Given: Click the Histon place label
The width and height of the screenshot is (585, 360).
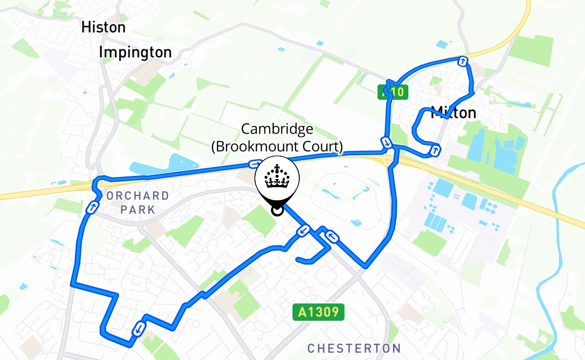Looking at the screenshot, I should coord(103,27).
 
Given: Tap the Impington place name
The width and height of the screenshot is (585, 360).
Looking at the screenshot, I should coord(135,53).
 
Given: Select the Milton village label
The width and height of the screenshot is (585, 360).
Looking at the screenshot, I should coord(454,112).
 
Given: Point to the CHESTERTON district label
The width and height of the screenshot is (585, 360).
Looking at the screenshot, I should coord(354,348).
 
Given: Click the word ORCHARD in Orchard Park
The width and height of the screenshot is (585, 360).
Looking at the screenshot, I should coord(138,196).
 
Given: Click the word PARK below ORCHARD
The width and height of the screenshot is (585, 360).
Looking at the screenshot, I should coord(138,210).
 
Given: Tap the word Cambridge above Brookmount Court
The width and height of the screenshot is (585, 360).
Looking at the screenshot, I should coord(277,129).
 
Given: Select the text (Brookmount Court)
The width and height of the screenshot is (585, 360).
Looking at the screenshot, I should coord(277,146).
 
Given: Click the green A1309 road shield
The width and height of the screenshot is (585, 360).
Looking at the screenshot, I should coord(319,312).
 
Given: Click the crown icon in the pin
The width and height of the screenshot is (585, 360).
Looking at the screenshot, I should coord(277,177).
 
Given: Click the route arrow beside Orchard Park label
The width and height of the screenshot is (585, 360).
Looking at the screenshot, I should coord(91,208).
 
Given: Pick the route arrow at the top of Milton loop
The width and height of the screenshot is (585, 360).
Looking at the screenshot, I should coord(462,61).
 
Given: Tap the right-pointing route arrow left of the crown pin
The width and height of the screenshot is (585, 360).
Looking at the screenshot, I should coord(255,164).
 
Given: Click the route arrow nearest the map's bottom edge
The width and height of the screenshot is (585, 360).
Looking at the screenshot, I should coord(139,329).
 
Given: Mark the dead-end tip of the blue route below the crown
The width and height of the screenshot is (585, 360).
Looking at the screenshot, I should coord(297,259).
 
